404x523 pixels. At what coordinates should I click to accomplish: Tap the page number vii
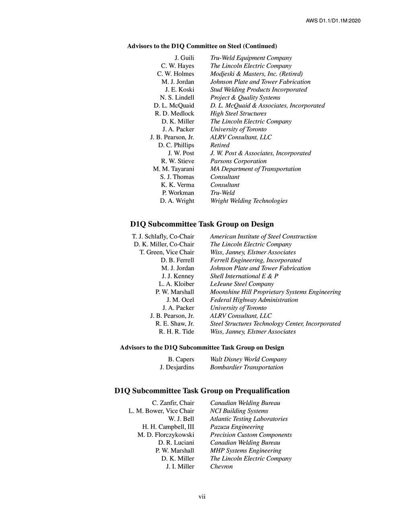tap(202, 497)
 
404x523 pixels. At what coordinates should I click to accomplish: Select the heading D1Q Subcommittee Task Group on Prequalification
tap(202, 391)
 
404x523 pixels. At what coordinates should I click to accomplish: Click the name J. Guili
tap(184, 58)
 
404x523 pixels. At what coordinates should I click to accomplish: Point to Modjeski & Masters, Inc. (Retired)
tap(256, 74)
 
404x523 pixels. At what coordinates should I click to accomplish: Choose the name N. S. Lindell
tap(177, 97)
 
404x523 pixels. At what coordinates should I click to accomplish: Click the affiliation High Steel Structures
tap(238, 113)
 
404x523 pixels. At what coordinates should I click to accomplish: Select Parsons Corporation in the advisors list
tap(238, 161)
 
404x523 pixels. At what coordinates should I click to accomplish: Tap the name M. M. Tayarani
tap(173, 169)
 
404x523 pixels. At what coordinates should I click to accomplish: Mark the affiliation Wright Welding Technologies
tap(248, 201)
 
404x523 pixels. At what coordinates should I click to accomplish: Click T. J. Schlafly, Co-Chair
tap(163, 237)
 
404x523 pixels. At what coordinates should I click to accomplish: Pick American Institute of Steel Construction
tap(263, 237)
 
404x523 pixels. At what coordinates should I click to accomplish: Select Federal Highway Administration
tap(254, 300)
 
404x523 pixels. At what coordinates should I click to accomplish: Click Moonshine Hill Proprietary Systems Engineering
tap(275, 292)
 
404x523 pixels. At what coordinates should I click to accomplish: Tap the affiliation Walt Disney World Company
tap(248, 359)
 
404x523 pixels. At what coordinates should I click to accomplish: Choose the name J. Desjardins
tap(177, 367)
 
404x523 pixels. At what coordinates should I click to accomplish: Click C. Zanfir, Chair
tap(173, 403)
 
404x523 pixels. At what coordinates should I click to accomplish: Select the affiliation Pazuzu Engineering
tap(237, 427)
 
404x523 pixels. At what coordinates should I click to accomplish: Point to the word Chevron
tap(221, 467)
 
